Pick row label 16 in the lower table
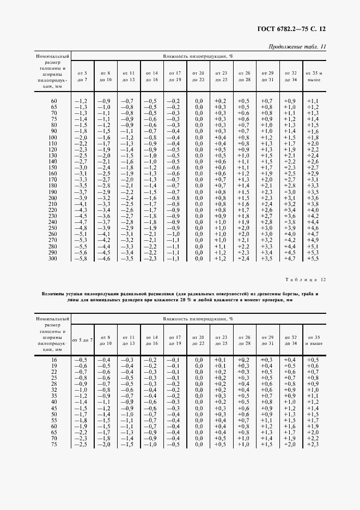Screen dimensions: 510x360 [53, 360]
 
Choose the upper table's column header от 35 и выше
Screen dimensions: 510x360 [313, 76]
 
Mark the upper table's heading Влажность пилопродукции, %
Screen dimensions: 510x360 [198, 56]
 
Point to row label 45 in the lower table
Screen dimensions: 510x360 [53, 408]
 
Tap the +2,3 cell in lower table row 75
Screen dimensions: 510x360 [313, 445]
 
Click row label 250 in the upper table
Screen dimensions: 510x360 [53, 228]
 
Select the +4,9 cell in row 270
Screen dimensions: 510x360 [313, 240]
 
